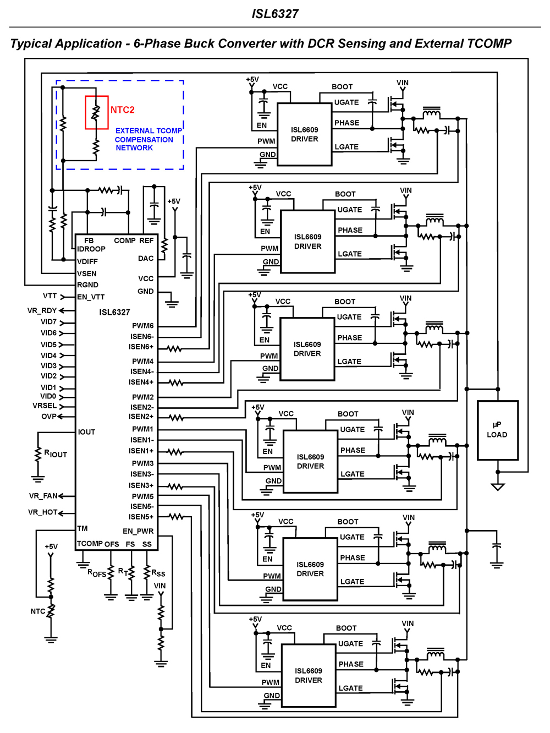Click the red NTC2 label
point(122,110)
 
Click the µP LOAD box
point(497,430)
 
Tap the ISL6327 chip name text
point(114,312)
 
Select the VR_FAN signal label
point(43,496)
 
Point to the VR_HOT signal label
point(42,512)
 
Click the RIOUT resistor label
point(56,454)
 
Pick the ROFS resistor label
point(97,573)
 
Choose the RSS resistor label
point(158,573)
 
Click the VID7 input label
point(48,322)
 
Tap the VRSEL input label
point(45,406)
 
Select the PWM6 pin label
point(142,326)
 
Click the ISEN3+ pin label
point(141,485)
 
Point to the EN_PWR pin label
point(138,531)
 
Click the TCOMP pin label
point(90,544)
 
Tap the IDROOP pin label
point(91,249)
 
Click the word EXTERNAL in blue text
point(134,131)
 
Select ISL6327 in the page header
point(275,14)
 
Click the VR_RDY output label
point(42,310)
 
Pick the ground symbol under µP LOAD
point(498,486)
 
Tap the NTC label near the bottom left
point(37,611)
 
